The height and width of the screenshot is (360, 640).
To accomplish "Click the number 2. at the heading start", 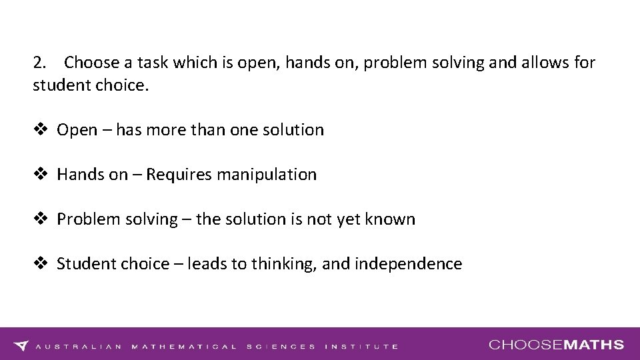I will pos(40,63).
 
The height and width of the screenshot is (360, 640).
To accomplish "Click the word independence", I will pos(409,264).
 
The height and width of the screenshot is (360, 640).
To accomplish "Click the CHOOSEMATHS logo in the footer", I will pos(556,345).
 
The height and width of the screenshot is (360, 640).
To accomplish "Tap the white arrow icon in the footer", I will pos(21,345).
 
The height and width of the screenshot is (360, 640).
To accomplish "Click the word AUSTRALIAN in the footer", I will pos(79,347).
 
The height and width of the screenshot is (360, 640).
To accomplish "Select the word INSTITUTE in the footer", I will pos(361,347).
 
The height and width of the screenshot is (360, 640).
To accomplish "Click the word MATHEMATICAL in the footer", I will pos(184,347).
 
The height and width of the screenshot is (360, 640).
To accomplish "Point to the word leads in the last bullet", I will pos(207,264).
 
